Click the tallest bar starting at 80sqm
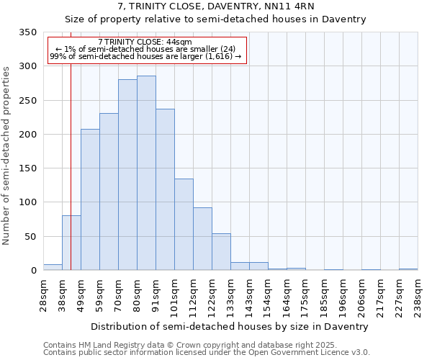[x=146, y=173]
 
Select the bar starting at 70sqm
[x=127, y=175]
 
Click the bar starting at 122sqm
[x=221, y=252]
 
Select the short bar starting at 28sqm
[x=53, y=267]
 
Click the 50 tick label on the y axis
[x=31, y=237]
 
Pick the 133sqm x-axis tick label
[x=230, y=295]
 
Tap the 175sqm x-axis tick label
[x=305, y=295]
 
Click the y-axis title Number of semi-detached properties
[x=7, y=155]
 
